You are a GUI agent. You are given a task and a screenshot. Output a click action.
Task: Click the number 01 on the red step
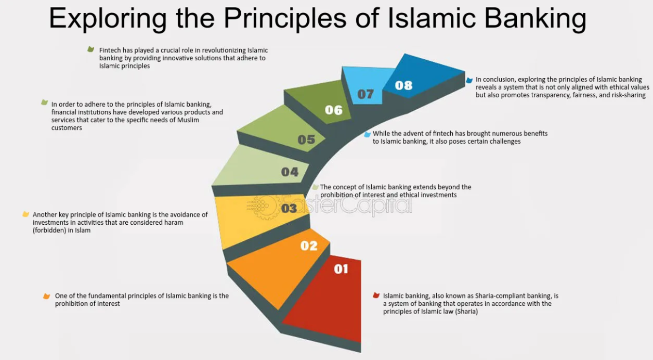click(x=341, y=269)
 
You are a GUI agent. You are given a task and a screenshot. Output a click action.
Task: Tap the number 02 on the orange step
click(x=309, y=246)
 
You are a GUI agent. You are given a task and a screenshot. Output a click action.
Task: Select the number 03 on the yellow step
click(x=289, y=209)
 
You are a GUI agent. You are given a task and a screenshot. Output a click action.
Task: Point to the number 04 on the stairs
click(x=290, y=172)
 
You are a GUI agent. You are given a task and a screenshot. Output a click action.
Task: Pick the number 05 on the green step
click(x=306, y=139)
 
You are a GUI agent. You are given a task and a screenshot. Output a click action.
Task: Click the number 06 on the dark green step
click(x=334, y=110)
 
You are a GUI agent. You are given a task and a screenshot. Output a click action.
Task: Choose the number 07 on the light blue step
click(x=365, y=94)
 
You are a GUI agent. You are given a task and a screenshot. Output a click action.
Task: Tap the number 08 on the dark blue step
click(x=403, y=85)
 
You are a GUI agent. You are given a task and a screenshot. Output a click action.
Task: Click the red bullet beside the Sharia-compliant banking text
click(x=376, y=295)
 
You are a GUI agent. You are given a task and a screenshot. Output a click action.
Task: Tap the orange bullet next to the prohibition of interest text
click(x=46, y=296)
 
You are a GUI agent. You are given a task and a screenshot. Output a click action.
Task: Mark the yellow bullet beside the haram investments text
click(x=25, y=214)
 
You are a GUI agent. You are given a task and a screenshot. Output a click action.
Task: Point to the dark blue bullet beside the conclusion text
click(x=469, y=80)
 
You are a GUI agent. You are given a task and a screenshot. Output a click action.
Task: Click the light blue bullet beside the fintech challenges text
click(x=368, y=134)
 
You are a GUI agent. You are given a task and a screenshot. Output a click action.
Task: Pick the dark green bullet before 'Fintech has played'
click(x=90, y=49)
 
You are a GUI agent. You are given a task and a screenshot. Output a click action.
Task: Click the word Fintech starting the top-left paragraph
click(x=110, y=50)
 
